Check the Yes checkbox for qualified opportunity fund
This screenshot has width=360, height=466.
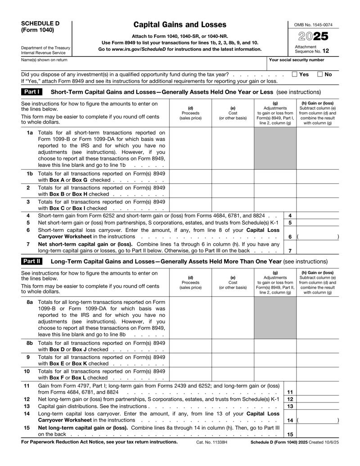[x=295, y=74]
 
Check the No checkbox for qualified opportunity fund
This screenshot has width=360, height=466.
[x=320, y=74]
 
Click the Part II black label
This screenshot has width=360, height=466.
[x=32, y=261]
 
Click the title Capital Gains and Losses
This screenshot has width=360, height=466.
[x=180, y=25]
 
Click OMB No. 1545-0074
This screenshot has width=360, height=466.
[x=313, y=24]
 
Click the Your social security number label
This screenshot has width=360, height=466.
[x=296, y=59]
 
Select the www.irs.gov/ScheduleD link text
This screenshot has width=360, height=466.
[x=139, y=49]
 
